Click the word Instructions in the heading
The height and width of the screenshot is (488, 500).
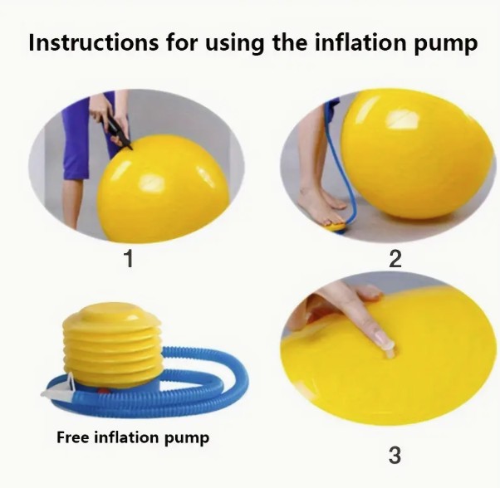point(93,42)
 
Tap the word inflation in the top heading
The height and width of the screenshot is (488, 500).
point(360,42)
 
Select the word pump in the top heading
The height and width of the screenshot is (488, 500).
point(445,46)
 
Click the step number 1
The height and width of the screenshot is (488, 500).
point(129,258)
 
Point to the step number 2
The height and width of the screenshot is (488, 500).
point(395,258)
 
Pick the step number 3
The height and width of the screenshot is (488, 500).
point(395,455)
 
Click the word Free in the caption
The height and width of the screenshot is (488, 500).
point(72,437)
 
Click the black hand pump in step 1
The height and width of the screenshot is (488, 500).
point(117,130)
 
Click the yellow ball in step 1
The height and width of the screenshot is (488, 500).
point(163,188)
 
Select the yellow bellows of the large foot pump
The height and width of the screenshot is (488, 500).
point(111,344)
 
